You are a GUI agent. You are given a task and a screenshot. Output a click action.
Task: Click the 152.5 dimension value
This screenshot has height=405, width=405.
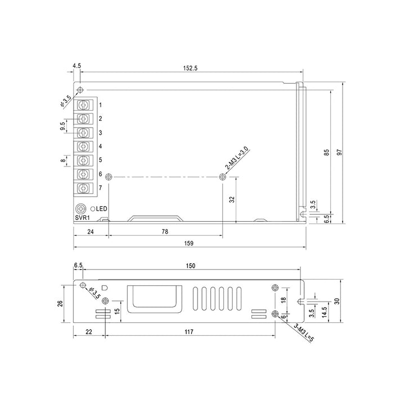pos(190,68)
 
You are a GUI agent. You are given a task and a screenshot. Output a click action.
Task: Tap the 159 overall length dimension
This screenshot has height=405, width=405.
pos(189,244)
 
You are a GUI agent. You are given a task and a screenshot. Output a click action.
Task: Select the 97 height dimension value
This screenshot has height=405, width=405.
pos(340,152)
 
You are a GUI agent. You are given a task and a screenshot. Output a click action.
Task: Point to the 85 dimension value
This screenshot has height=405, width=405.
pos(327,152)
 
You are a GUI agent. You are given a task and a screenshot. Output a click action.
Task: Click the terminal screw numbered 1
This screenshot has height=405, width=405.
pos(83,105)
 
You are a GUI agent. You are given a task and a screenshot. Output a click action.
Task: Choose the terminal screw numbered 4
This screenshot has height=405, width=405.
pos(83,147)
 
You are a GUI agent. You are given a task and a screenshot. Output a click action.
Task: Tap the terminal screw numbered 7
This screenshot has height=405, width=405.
pos(83,188)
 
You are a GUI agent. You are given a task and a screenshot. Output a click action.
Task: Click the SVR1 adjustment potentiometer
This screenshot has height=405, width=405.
pos(80,209)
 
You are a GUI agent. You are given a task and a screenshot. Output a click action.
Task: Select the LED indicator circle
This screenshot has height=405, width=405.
pos(92,209)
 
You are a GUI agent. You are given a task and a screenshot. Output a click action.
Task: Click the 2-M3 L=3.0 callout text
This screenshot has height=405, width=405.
pos(237,158)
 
